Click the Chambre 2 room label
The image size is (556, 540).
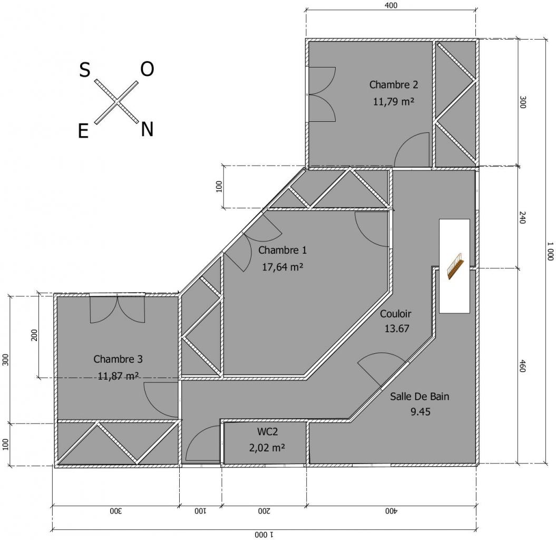tap(393, 84)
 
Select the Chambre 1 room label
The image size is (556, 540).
tap(282, 250)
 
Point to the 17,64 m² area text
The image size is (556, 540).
tap(282, 267)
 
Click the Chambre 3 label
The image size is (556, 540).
tap(118, 359)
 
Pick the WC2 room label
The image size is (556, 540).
tap(267, 431)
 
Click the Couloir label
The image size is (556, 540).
tap(395, 314)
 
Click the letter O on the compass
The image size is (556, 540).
tap(147, 69)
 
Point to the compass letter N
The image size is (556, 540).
tap(147, 129)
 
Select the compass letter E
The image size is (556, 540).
tap(83, 132)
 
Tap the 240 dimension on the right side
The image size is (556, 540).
tap(523, 218)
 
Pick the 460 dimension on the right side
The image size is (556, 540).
tap(523, 365)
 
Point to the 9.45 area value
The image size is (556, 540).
tap(420, 412)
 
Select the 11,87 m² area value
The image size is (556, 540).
tap(118, 376)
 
